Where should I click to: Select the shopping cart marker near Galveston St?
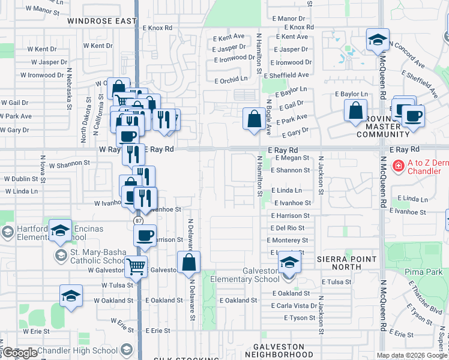click(x=136, y=265)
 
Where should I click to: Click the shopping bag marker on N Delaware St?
click(x=188, y=262)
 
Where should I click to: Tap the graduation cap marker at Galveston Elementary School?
click(x=289, y=263)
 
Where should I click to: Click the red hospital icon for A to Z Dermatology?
click(x=397, y=165)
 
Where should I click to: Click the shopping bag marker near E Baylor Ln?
click(x=356, y=110)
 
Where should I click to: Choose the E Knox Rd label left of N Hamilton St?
click(x=157, y=28)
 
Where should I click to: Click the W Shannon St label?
click(x=69, y=163)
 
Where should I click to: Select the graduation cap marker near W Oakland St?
click(x=71, y=296)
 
